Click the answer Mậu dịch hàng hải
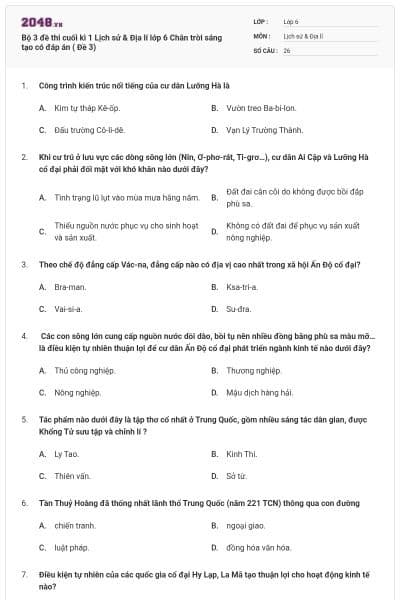(x=259, y=393)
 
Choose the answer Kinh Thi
(x=241, y=453)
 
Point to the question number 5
(x=23, y=418)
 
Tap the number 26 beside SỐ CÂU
(x=287, y=48)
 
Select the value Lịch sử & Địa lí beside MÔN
(x=301, y=34)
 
